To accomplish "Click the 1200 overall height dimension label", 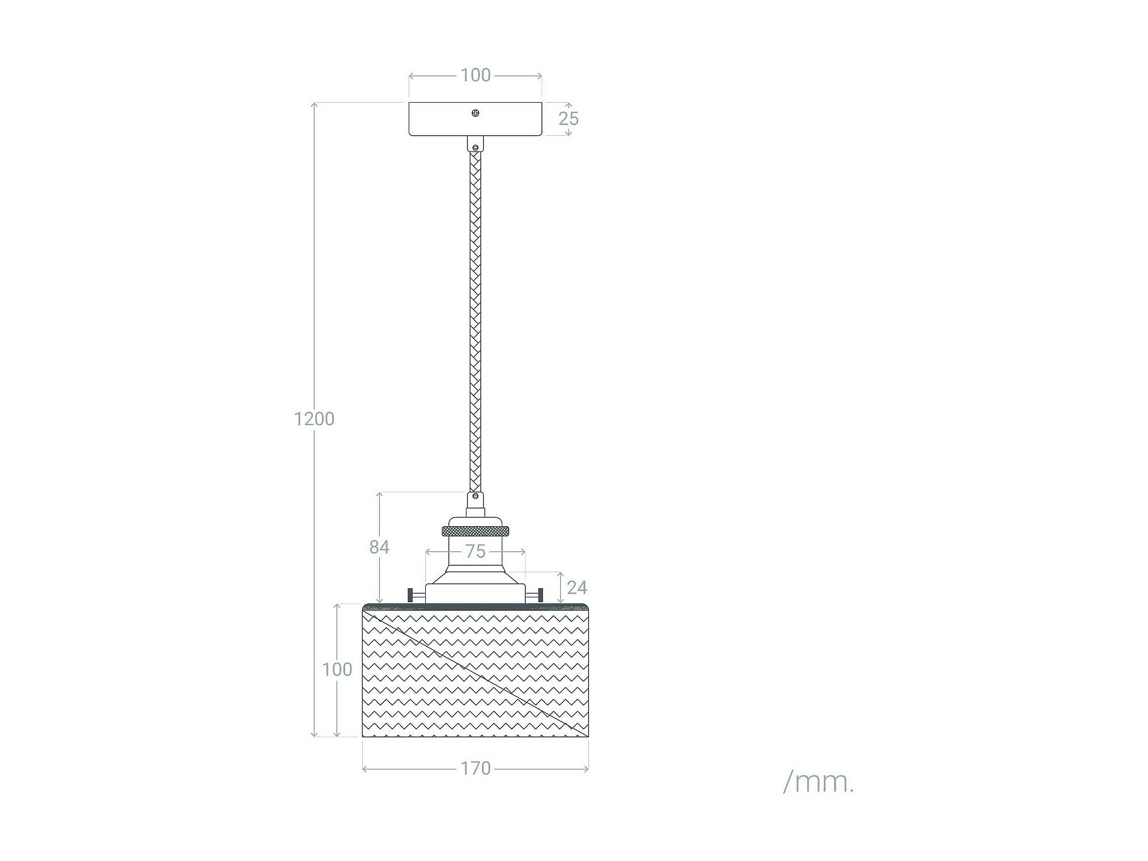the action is [314, 419].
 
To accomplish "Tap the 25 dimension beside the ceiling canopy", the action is [569, 119].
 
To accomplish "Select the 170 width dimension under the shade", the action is [476, 768].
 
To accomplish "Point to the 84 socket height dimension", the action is [379, 547].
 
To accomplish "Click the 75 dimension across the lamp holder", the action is [475, 551].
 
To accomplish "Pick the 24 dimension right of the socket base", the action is [577, 588].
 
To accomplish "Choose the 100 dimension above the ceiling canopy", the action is [476, 75].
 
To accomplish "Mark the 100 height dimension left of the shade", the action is [337, 670].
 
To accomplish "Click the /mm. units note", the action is [818, 783].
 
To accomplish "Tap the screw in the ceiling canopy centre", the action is [475, 113].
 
